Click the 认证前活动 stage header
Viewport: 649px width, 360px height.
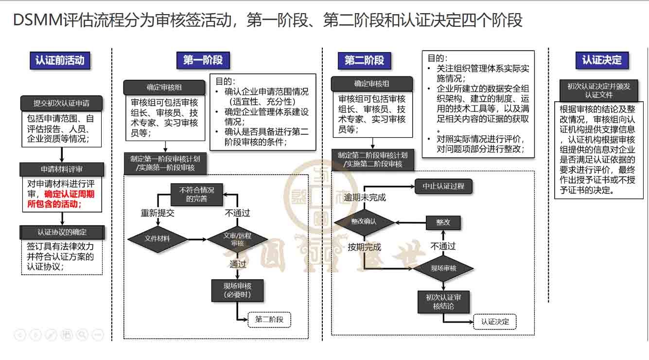(x=60, y=60)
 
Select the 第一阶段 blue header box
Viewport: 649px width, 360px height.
(x=203, y=60)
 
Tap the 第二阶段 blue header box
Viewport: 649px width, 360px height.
(x=364, y=60)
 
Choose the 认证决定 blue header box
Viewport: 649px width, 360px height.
(x=602, y=60)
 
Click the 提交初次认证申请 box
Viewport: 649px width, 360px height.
(x=61, y=104)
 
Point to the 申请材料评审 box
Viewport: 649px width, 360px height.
(x=61, y=169)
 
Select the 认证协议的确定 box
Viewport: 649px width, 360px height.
(x=62, y=232)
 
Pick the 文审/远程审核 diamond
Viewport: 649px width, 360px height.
(x=237, y=239)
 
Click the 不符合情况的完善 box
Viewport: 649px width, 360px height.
(x=196, y=194)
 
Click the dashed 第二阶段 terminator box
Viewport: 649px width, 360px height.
(x=272, y=320)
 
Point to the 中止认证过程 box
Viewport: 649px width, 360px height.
(x=443, y=186)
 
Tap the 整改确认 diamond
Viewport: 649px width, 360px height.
(x=364, y=222)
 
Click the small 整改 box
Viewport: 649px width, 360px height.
(x=443, y=222)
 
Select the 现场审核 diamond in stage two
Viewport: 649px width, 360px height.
(x=443, y=268)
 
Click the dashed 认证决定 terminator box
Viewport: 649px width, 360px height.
(x=495, y=322)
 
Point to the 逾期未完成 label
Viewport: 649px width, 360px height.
(x=365, y=198)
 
